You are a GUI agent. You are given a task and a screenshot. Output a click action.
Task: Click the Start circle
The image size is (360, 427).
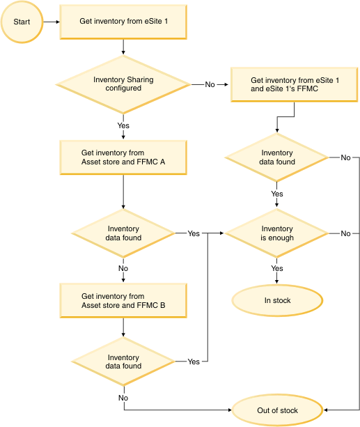[x=22, y=22]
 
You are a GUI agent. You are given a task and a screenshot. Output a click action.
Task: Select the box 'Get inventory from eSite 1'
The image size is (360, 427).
[x=123, y=22]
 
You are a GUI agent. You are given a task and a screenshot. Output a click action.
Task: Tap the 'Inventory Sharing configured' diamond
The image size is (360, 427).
[x=123, y=84]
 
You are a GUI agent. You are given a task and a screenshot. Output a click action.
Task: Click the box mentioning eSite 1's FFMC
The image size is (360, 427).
[x=295, y=84]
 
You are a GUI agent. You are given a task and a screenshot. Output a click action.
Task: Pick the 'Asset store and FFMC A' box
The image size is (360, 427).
[x=123, y=158]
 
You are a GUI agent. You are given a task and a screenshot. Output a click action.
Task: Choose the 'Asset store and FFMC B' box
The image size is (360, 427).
[x=123, y=301]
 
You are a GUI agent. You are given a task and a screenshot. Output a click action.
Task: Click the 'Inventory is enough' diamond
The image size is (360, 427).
[x=277, y=233]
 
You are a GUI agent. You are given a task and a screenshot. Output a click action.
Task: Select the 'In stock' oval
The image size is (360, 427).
[x=277, y=301]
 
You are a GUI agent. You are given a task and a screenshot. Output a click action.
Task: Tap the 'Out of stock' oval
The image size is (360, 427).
[x=277, y=410]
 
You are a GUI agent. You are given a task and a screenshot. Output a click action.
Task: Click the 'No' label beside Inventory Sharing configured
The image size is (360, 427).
[x=210, y=84]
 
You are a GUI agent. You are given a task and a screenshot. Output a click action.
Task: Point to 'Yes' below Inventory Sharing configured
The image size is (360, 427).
[x=123, y=126]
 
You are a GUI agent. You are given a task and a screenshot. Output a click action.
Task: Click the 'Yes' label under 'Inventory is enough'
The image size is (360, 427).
[x=277, y=268]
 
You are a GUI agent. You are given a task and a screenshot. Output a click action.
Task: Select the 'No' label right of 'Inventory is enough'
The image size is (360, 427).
[x=345, y=233]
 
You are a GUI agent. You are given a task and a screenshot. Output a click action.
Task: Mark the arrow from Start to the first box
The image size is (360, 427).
[x=50, y=22]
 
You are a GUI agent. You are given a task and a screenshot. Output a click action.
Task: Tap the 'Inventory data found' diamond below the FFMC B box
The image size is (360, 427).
[x=123, y=362]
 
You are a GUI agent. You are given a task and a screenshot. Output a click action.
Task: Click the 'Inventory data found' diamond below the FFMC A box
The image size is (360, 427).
[x=123, y=233]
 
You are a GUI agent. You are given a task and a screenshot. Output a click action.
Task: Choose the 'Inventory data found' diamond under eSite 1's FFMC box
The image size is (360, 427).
[x=277, y=158]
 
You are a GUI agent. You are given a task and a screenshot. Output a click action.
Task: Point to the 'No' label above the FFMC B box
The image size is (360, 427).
[x=123, y=268]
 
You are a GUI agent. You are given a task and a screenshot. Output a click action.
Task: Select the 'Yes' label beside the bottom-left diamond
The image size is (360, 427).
[x=193, y=362]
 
